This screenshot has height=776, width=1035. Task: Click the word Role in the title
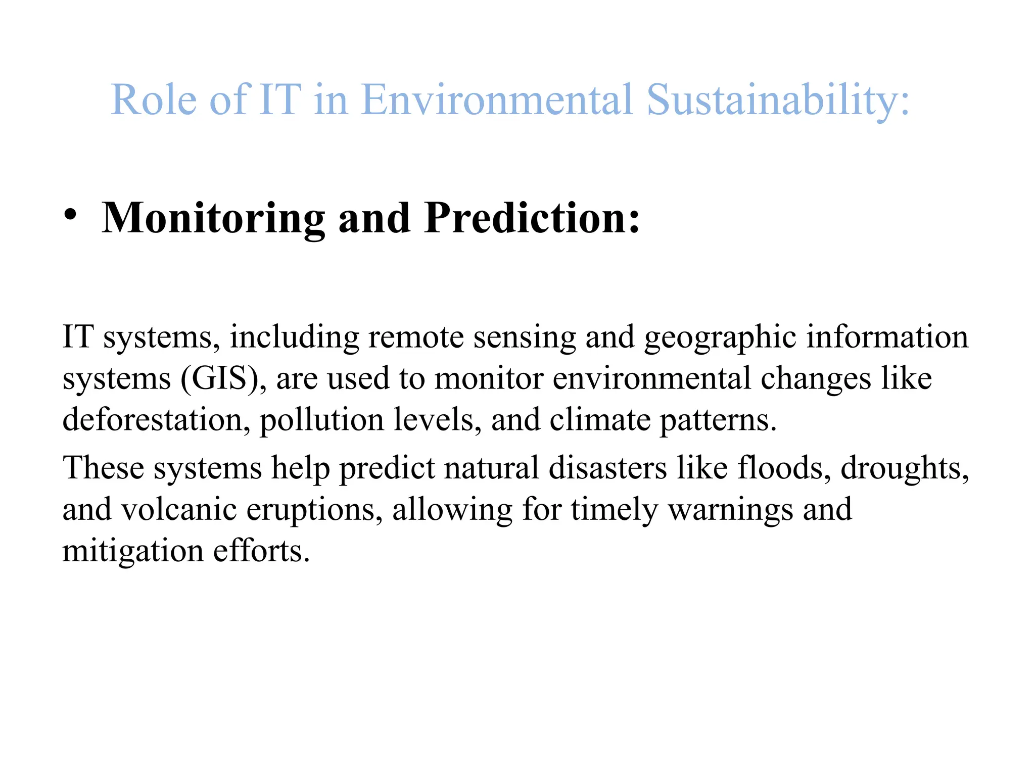[153, 100]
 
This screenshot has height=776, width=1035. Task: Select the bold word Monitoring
[213, 218]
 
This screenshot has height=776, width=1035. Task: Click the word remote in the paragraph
[415, 337]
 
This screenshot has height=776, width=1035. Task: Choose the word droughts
[905, 468]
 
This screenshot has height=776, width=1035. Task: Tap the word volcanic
[179, 509]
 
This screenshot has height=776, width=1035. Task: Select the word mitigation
[132, 551]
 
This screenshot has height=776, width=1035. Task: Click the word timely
[615, 509]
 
